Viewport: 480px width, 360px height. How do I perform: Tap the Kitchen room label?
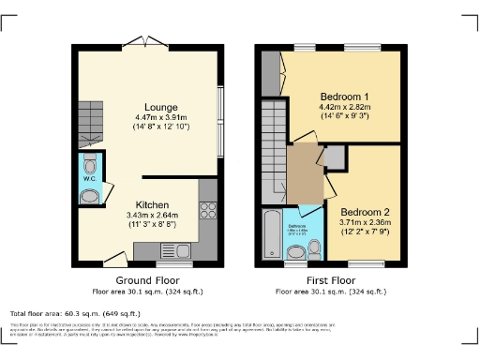click(x=152, y=204)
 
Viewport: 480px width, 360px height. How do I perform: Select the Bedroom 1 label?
click(x=344, y=97)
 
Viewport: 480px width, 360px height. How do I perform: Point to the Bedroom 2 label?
click(x=364, y=211)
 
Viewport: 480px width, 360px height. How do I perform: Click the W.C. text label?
click(x=89, y=178)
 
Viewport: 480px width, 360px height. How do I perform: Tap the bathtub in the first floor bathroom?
click(x=271, y=235)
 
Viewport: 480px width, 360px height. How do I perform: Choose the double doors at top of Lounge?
click(x=147, y=44)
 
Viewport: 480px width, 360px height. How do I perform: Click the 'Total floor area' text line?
click(x=75, y=313)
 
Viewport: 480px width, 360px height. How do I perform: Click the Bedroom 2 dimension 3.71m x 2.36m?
click(x=364, y=222)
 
